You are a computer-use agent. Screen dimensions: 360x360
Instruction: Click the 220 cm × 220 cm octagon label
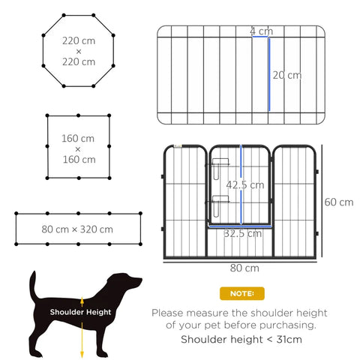click(x=79, y=51)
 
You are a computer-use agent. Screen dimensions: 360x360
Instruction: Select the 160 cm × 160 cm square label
click(x=79, y=148)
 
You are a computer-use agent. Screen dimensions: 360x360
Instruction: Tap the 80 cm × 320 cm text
click(x=78, y=229)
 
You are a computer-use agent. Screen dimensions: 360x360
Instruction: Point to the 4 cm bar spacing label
click(x=262, y=31)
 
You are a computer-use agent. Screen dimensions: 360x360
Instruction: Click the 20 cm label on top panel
click(x=286, y=75)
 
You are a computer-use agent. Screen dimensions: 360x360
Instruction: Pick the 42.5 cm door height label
click(x=245, y=184)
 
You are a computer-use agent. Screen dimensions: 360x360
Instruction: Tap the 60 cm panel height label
click(x=338, y=202)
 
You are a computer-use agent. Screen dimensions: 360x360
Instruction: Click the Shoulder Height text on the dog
click(x=80, y=311)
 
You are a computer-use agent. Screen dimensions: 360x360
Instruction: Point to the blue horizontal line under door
click(x=240, y=224)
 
